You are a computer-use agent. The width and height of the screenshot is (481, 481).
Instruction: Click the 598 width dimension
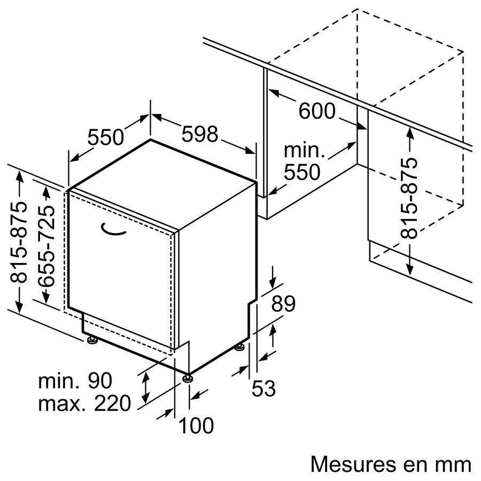coord(200,134)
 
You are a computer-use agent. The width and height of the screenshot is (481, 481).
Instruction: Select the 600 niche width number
coord(317,111)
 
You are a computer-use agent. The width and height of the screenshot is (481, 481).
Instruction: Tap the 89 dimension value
coord(283,304)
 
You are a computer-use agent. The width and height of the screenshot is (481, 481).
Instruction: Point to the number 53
coord(263,388)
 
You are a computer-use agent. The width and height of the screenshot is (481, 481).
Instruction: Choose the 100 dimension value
coord(196,425)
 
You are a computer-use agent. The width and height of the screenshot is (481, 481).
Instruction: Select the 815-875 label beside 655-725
coord(19,242)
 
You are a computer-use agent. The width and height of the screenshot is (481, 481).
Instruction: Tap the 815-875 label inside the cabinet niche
coord(409,198)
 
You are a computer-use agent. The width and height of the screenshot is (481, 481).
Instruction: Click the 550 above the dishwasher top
coord(105,137)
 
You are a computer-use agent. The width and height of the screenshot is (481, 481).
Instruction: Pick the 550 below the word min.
coord(302,172)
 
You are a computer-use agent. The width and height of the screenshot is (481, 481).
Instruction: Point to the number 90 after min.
coord(100,381)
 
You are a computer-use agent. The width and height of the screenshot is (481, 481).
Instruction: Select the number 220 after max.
coord(112,403)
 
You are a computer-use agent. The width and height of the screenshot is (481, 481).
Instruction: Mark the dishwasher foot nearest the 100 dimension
coord(188,378)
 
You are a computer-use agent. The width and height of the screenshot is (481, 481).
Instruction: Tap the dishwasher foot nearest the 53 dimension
coord(240,347)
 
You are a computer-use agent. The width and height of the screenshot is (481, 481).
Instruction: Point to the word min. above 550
coord(304,150)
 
